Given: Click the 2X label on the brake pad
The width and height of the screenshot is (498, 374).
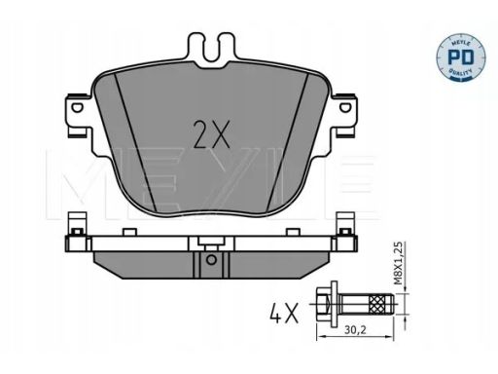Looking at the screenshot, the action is click(211, 134).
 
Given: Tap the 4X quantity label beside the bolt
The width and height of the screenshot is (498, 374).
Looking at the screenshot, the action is click(284, 314).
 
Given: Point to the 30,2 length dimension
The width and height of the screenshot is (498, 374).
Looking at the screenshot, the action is click(355, 330).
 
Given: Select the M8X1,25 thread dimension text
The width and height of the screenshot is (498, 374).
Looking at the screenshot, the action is click(399, 263).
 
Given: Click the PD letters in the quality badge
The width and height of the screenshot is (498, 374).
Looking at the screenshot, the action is click(460, 57).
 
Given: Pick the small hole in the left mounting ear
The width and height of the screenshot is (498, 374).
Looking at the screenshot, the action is click(77, 107).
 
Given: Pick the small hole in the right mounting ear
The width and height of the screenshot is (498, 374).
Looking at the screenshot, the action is click(344, 107).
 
